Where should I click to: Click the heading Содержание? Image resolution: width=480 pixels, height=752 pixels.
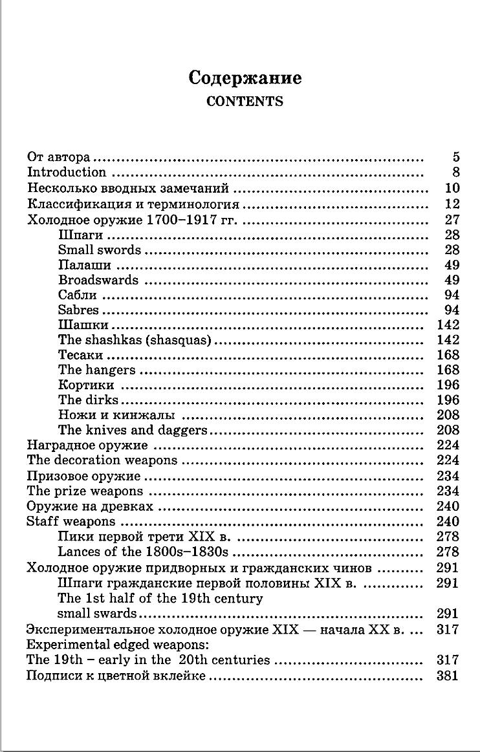tap(245, 78)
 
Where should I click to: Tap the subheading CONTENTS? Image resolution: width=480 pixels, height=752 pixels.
tap(245, 102)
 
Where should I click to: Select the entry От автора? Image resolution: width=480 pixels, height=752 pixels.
tap(58, 157)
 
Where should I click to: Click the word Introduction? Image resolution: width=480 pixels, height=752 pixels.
tap(66, 172)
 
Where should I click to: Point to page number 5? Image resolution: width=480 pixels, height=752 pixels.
tap(455, 157)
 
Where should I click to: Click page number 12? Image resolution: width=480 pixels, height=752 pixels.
tap(452, 204)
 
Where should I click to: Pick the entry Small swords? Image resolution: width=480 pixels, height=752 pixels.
tap(99, 250)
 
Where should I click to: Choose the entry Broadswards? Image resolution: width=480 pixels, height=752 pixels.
tap(98, 280)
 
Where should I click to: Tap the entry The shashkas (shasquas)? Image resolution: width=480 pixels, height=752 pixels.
tap(135, 340)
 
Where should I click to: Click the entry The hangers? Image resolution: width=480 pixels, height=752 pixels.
tap(97, 370)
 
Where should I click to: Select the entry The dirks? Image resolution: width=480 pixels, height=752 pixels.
tap(88, 400)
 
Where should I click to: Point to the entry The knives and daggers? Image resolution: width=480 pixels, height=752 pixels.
tap(133, 430)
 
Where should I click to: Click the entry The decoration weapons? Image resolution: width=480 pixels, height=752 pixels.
tap(102, 460)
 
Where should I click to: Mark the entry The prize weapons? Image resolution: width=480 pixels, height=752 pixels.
tap(85, 491)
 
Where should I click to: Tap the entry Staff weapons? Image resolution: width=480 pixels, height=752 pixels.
tap(71, 521)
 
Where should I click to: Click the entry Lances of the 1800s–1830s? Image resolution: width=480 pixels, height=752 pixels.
tap(144, 552)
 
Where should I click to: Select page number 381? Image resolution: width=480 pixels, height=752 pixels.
tap(448, 676)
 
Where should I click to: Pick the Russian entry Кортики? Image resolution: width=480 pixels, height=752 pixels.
tap(86, 385)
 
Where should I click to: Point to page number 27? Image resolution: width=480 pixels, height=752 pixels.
tap(452, 220)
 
